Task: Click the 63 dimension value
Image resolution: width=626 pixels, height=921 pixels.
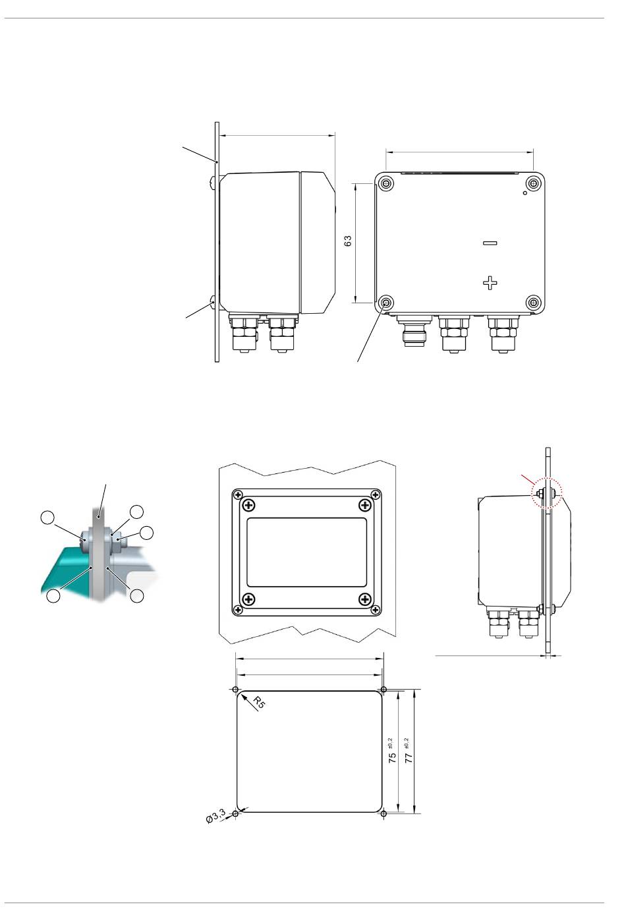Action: click(348, 241)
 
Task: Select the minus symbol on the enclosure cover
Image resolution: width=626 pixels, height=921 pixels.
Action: click(490, 243)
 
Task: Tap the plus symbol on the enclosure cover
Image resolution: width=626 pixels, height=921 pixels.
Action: click(490, 283)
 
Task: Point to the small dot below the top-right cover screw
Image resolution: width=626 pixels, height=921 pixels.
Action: click(525, 193)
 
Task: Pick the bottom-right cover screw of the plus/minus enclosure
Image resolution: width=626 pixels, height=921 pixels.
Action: click(534, 303)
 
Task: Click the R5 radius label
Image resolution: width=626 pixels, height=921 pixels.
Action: click(259, 702)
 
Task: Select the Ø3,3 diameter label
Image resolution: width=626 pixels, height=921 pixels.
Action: click(216, 816)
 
